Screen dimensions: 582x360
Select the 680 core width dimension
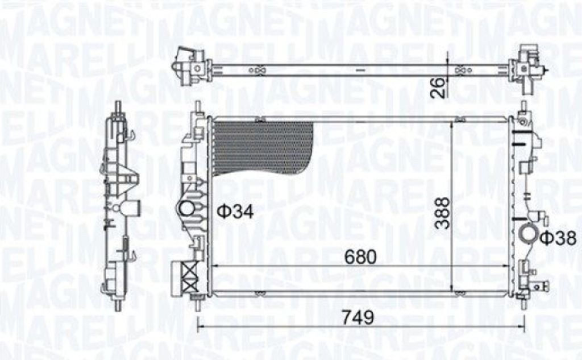[360, 256]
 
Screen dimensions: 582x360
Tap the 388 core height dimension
[442, 213]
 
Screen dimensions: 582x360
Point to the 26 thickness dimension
[439, 88]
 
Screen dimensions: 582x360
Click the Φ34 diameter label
[235, 212]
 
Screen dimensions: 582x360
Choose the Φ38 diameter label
[558, 238]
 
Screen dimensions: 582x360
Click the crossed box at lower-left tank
[190, 276]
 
